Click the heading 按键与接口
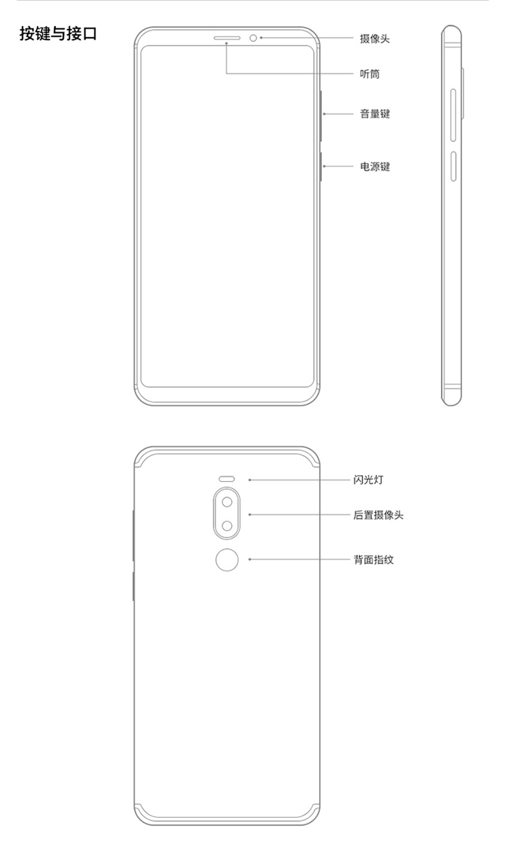tap(58, 34)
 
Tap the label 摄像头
tap(375, 39)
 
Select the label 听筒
tap(370, 74)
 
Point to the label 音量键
tap(375, 114)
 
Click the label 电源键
tap(375, 167)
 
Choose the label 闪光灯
tap(368, 480)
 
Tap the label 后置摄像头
tap(378, 515)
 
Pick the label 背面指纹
tap(373, 559)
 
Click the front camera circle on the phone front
tap(254, 38)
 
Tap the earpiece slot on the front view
tap(227, 38)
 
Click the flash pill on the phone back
tap(227, 479)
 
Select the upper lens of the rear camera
tap(227, 502)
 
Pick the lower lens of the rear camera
tap(227, 526)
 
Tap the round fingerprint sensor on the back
tap(227, 559)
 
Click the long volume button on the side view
tap(453, 116)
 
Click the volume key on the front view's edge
tap(321, 116)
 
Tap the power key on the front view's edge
tap(321, 167)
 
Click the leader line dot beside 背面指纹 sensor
tap(249, 559)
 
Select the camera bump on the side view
tap(462, 93)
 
